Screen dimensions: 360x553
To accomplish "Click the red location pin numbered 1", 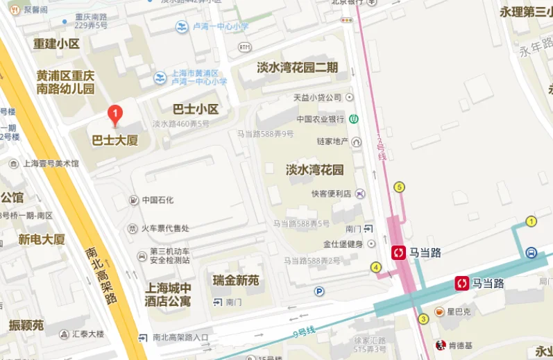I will click(116, 114).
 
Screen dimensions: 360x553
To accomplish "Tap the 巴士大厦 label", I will click(115, 140).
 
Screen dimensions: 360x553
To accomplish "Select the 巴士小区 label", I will click(196, 109).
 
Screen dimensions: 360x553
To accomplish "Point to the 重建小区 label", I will click(56, 43).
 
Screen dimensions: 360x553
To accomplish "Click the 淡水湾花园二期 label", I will click(297, 67).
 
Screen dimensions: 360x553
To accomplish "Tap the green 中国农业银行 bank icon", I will click(354, 119).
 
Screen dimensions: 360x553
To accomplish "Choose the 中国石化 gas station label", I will click(158, 200).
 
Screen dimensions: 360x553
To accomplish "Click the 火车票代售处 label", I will click(165, 228).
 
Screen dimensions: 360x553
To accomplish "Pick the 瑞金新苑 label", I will click(235, 280).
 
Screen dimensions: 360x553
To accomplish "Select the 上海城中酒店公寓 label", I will click(167, 294).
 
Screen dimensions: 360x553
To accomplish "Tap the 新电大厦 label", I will click(42, 239).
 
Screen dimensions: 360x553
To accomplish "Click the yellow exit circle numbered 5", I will click(398, 187).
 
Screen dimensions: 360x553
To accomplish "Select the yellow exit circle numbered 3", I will click(423, 319).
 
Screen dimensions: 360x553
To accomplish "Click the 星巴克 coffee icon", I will click(439, 312).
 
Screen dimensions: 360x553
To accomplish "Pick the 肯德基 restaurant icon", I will click(440, 345).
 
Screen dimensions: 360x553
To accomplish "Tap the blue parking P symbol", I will click(319, 291).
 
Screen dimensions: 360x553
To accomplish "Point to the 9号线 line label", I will click(303, 331).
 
